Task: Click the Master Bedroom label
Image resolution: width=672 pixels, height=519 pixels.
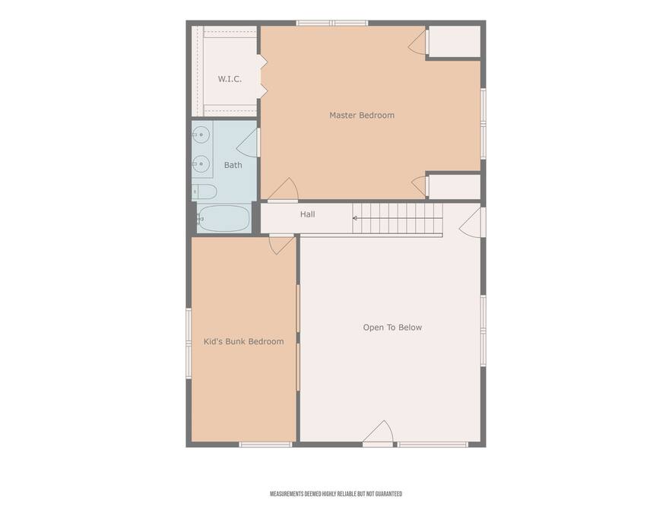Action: click(362, 116)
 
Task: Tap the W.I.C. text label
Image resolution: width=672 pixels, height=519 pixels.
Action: click(230, 79)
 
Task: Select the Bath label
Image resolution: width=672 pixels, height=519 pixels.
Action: click(233, 165)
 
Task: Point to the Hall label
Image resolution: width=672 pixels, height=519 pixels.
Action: click(307, 214)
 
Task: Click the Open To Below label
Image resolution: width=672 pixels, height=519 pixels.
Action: click(392, 328)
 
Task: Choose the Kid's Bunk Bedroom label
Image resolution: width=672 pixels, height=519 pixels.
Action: click(243, 342)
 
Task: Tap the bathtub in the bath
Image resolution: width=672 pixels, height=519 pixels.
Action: click(223, 219)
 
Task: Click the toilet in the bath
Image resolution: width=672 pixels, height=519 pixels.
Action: click(204, 191)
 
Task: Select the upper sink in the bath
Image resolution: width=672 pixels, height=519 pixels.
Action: click(201, 134)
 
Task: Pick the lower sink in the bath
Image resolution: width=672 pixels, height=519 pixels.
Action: click(201, 163)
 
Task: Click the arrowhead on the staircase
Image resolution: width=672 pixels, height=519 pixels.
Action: click(355, 219)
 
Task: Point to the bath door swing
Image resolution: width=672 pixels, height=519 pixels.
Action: click(248, 143)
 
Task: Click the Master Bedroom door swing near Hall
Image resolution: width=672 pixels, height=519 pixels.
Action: click(284, 189)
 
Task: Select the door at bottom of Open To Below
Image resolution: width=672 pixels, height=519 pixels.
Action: click(378, 432)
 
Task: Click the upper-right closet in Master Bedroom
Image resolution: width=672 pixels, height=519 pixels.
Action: click(455, 41)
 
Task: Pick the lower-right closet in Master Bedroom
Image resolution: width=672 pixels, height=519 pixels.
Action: click(455, 187)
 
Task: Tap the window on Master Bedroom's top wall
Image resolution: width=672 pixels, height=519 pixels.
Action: click(332, 23)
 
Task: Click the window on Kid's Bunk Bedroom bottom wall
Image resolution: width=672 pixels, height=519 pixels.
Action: click(265, 445)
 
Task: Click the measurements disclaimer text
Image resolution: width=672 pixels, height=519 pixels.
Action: click(336, 494)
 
